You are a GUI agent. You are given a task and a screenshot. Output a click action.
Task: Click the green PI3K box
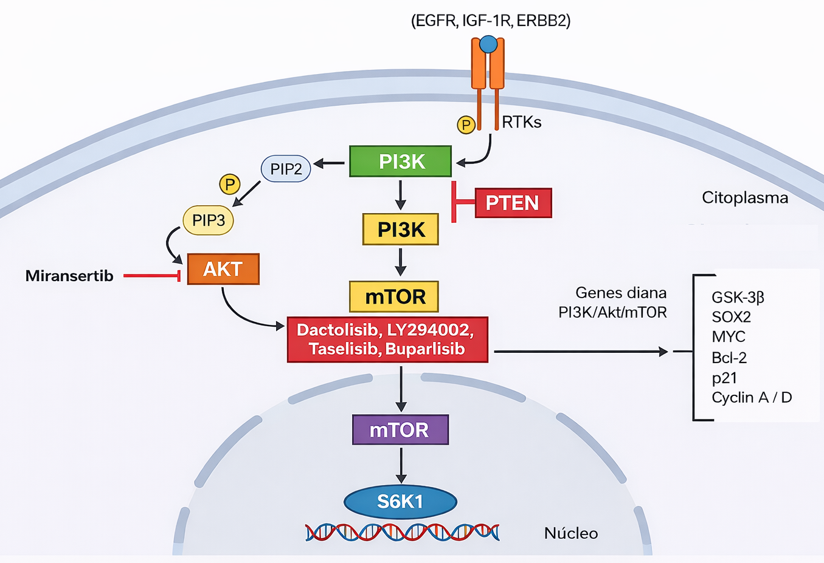[400, 162]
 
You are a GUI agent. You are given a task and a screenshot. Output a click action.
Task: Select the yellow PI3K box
[400, 230]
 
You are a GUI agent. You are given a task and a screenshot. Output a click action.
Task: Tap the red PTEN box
[513, 203]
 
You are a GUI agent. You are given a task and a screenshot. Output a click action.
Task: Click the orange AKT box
[223, 269]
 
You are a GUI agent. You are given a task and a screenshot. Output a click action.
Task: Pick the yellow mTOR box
[394, 296]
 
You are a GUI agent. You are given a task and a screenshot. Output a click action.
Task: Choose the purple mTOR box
[400, 430]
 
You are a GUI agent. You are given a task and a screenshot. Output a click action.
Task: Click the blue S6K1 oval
[400, 502]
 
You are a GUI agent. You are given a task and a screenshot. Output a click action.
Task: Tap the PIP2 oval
[286, 169]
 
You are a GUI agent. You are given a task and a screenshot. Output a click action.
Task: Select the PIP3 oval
[208, 220]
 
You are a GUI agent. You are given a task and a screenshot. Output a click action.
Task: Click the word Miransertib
[69, 276]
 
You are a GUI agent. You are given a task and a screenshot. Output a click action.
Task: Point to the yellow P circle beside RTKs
[466, 125]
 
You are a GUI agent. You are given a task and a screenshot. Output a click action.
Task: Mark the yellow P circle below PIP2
[229, 184]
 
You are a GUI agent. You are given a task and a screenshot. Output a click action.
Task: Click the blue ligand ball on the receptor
[488, 44]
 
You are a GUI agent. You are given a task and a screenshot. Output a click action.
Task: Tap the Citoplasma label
[744, 198]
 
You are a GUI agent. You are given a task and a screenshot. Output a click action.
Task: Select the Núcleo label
[570, 533]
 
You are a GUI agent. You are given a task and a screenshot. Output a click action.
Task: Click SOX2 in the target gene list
[731, 317]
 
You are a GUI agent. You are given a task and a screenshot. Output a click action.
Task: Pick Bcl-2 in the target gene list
[729, 358]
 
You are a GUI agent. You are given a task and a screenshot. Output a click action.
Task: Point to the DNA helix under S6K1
[401, 533]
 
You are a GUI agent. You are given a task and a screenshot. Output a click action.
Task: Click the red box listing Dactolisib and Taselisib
[387, 340]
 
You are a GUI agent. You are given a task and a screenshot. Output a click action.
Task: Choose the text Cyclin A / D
[752, 398]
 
